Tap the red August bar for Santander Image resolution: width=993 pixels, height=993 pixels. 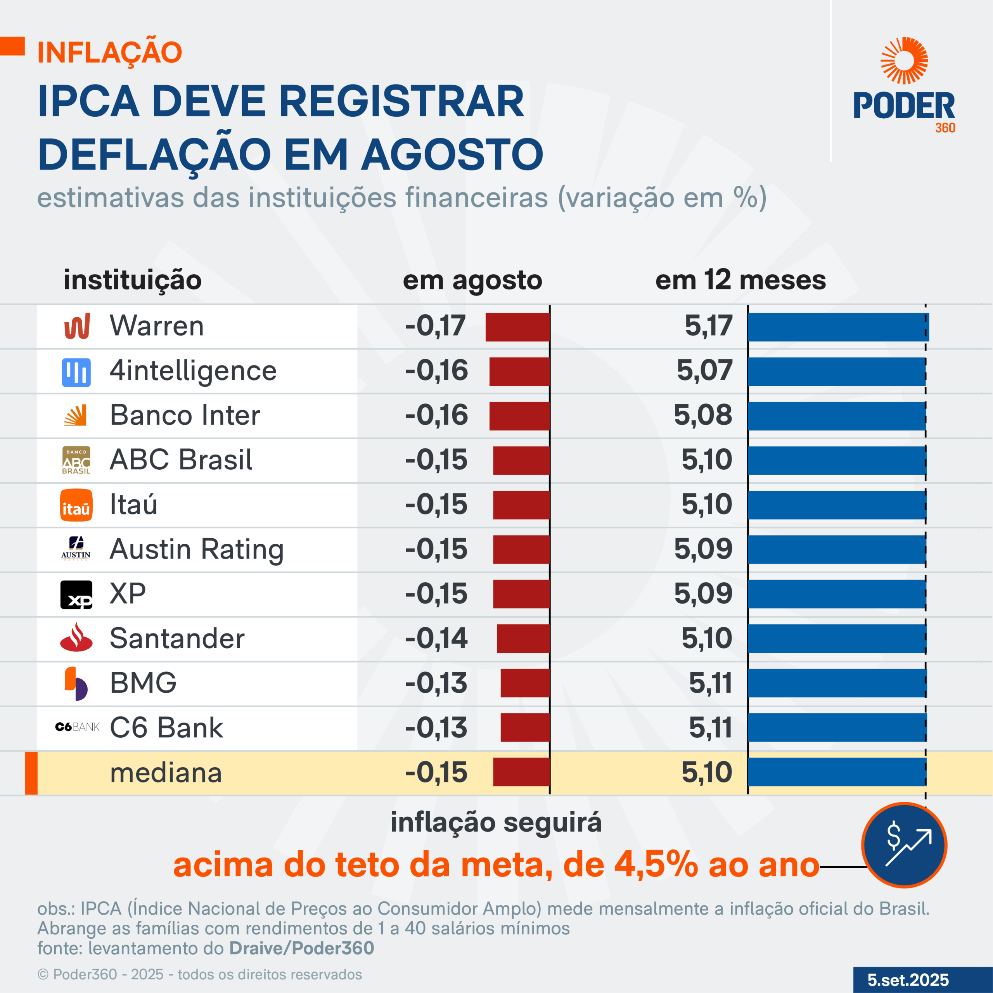[x=523, y=638]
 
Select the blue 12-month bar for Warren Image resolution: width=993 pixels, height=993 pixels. [x=838, y=327]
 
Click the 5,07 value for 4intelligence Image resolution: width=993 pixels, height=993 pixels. [x=704, y=370]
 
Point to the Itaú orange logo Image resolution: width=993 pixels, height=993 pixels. [x=76, y=505]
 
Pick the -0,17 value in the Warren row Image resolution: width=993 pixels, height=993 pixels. [x=435, y=326]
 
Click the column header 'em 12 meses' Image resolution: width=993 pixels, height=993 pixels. [x=740, y=280]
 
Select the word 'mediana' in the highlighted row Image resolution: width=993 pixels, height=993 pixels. [x=166, y=773]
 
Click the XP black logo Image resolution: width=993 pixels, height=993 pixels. [x=76, y=595]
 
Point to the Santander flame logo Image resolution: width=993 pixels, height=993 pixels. [x=76, y=637]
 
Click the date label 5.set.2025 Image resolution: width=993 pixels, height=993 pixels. [x=908, y=980]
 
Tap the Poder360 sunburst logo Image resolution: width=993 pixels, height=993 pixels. [x=904, y=61]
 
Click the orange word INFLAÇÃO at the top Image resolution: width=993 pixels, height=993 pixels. [x=109, y=52]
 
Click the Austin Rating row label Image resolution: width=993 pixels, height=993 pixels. [x=196, y=549]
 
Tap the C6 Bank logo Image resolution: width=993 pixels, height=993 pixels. [x=77, y=727]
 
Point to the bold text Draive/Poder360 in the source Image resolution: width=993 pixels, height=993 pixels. [x=301, y=948]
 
